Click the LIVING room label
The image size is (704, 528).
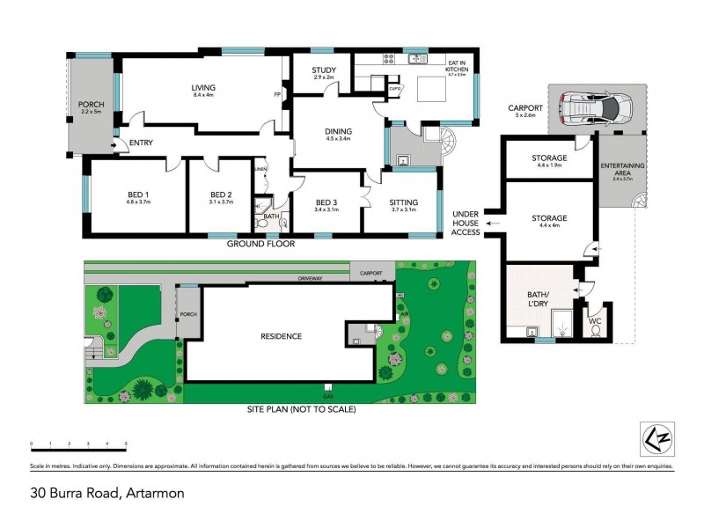tap(204, 88)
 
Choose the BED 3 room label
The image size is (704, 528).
tap(326, 203)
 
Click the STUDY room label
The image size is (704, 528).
tap(323, 71)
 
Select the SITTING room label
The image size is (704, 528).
tap(404, 203)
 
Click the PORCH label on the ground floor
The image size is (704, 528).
tap(92, 104)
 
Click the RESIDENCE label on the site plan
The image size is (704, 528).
tap(281, 336)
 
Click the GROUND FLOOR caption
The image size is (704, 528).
tap(261, 244)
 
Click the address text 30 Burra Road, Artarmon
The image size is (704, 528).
tap(106, 493)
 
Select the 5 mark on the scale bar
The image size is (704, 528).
tap(126, 444)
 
